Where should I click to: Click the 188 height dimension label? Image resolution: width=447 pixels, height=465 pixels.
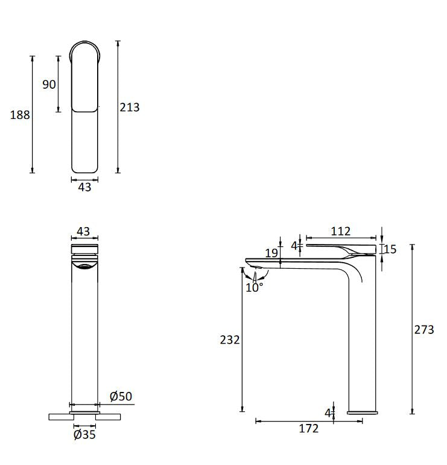pyautogui.click(x=20, y=115)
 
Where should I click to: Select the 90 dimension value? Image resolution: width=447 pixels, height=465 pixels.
pyautogui.click(x=49, y=85)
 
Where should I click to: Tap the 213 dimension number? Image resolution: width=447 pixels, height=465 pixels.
pyautogui.click(x=130, y=107)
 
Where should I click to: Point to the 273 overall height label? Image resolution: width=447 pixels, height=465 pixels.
pyautogui.click(x=424, y=330)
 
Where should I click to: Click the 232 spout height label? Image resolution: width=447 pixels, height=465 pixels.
pyautogui.click(x=230, y=340)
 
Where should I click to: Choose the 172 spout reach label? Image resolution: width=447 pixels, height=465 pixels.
pyautogui.click(x=309, y=429)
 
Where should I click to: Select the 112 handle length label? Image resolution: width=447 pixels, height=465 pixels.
pyautogui.click(x=341, y=231)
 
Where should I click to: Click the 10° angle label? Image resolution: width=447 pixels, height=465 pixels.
pyautogui.click(x=255, y=287)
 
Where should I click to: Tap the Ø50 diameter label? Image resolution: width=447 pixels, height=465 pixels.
pyautogui.click(x=121, y=396)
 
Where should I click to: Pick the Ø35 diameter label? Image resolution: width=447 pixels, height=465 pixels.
pyautogui.click(x=84, y=435)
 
